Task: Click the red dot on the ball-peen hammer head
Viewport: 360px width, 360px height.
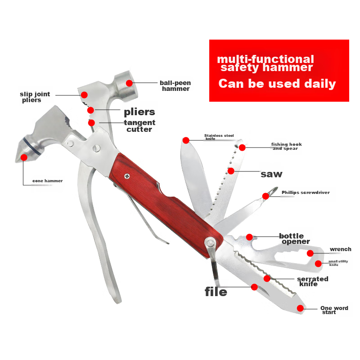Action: (129, 83)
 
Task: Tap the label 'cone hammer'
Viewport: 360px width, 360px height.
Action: (48, 181)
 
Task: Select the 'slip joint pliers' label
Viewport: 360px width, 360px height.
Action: (35, 97)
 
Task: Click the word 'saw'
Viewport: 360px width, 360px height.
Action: (271, 174)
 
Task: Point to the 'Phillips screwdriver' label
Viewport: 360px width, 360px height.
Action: (306, 193)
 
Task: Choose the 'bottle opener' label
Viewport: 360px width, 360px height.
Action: (295, 239)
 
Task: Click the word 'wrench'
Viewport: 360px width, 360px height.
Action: (341, 249)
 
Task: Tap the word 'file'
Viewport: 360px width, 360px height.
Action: (216, 292)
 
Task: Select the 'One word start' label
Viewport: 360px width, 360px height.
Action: (334, 310)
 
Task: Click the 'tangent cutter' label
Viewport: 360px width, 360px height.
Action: (139, 126)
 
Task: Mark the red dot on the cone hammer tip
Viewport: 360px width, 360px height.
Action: (24, 157)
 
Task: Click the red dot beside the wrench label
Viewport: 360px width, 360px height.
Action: (310, 253)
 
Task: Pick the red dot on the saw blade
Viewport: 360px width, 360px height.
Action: (231, 171)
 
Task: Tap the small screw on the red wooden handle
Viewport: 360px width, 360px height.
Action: (127, 176)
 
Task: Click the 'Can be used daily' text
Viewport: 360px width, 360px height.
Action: (277, 84)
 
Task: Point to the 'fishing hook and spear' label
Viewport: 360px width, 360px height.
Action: (286, 146)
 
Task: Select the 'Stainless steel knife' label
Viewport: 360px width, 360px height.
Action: (219, 137)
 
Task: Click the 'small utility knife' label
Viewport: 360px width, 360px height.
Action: (338, 263)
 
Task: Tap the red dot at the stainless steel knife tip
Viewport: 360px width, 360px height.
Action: (186, 140)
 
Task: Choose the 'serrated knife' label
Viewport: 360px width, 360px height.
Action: (312, 281)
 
